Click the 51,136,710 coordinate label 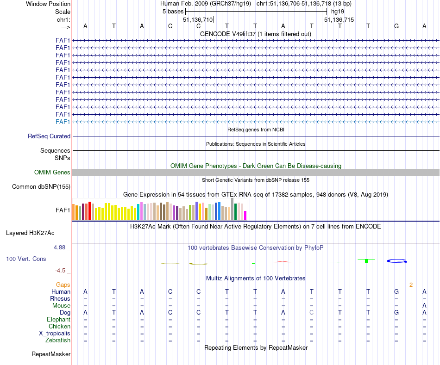198,19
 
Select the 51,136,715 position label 339,19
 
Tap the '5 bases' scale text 173,11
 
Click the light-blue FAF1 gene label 63,122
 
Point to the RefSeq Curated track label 49,136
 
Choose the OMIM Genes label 52,173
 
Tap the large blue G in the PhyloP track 396,261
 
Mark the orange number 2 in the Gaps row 411,285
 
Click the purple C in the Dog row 312,312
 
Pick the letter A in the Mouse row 424,305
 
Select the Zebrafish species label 58,340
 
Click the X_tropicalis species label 55,334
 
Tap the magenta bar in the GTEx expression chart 245,216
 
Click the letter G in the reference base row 396,26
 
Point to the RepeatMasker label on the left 51,354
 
